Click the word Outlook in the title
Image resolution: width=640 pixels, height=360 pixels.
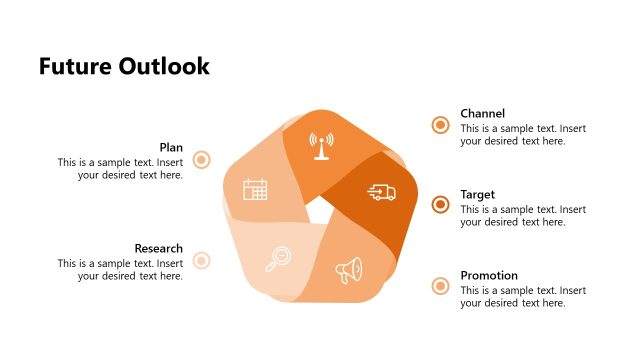(164, 67)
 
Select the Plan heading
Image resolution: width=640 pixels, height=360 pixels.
(171, 147)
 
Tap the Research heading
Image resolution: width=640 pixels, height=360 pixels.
(159, 248)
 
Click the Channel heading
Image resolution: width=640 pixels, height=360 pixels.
(482, 113)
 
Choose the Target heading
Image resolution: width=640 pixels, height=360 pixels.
(477, 194)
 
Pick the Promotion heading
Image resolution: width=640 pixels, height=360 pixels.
(489, 275)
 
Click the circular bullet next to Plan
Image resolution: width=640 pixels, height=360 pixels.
(201, 160)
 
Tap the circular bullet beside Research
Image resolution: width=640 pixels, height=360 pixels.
(201, 261)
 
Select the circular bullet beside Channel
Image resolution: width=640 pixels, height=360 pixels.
(440, 125)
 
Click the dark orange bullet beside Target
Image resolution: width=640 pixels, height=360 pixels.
(440, 205)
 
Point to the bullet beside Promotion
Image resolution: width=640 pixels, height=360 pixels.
(440, 287)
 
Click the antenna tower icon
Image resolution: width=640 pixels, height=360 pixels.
(321, 145)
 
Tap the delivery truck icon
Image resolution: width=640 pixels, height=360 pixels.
(381, 192)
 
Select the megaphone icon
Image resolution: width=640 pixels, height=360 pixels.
(349, 270)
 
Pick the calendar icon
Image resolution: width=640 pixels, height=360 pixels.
(255, 189)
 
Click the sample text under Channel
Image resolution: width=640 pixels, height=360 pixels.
(523, 135)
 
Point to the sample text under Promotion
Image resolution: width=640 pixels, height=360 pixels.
(523, 296)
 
